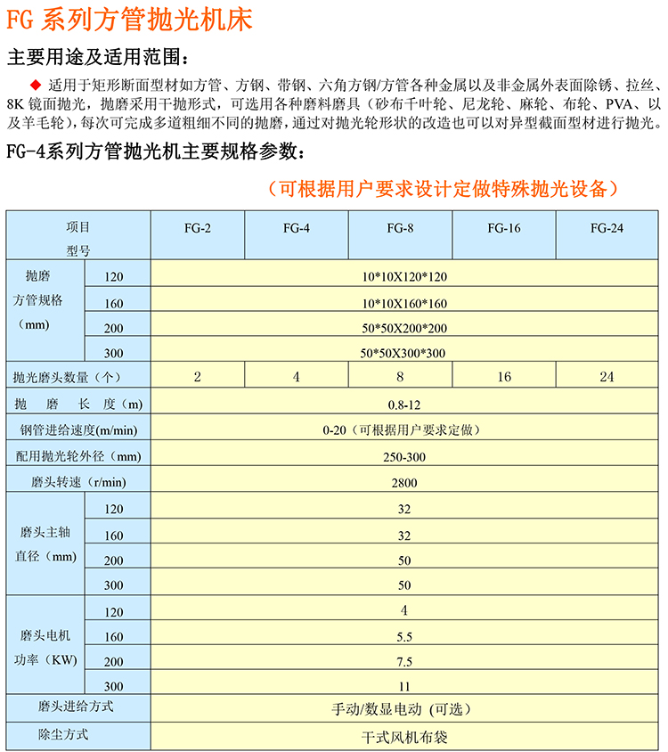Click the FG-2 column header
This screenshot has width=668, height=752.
click(x=198, y=228)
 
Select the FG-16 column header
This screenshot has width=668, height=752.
click(x=504, y=228)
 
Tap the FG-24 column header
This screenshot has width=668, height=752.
click(x=607, y=228)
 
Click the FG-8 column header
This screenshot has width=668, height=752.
click(x=400, y=228)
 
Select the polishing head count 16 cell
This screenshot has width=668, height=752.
click(x=504, y=377)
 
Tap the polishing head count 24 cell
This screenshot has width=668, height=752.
click(x=607, y=377)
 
